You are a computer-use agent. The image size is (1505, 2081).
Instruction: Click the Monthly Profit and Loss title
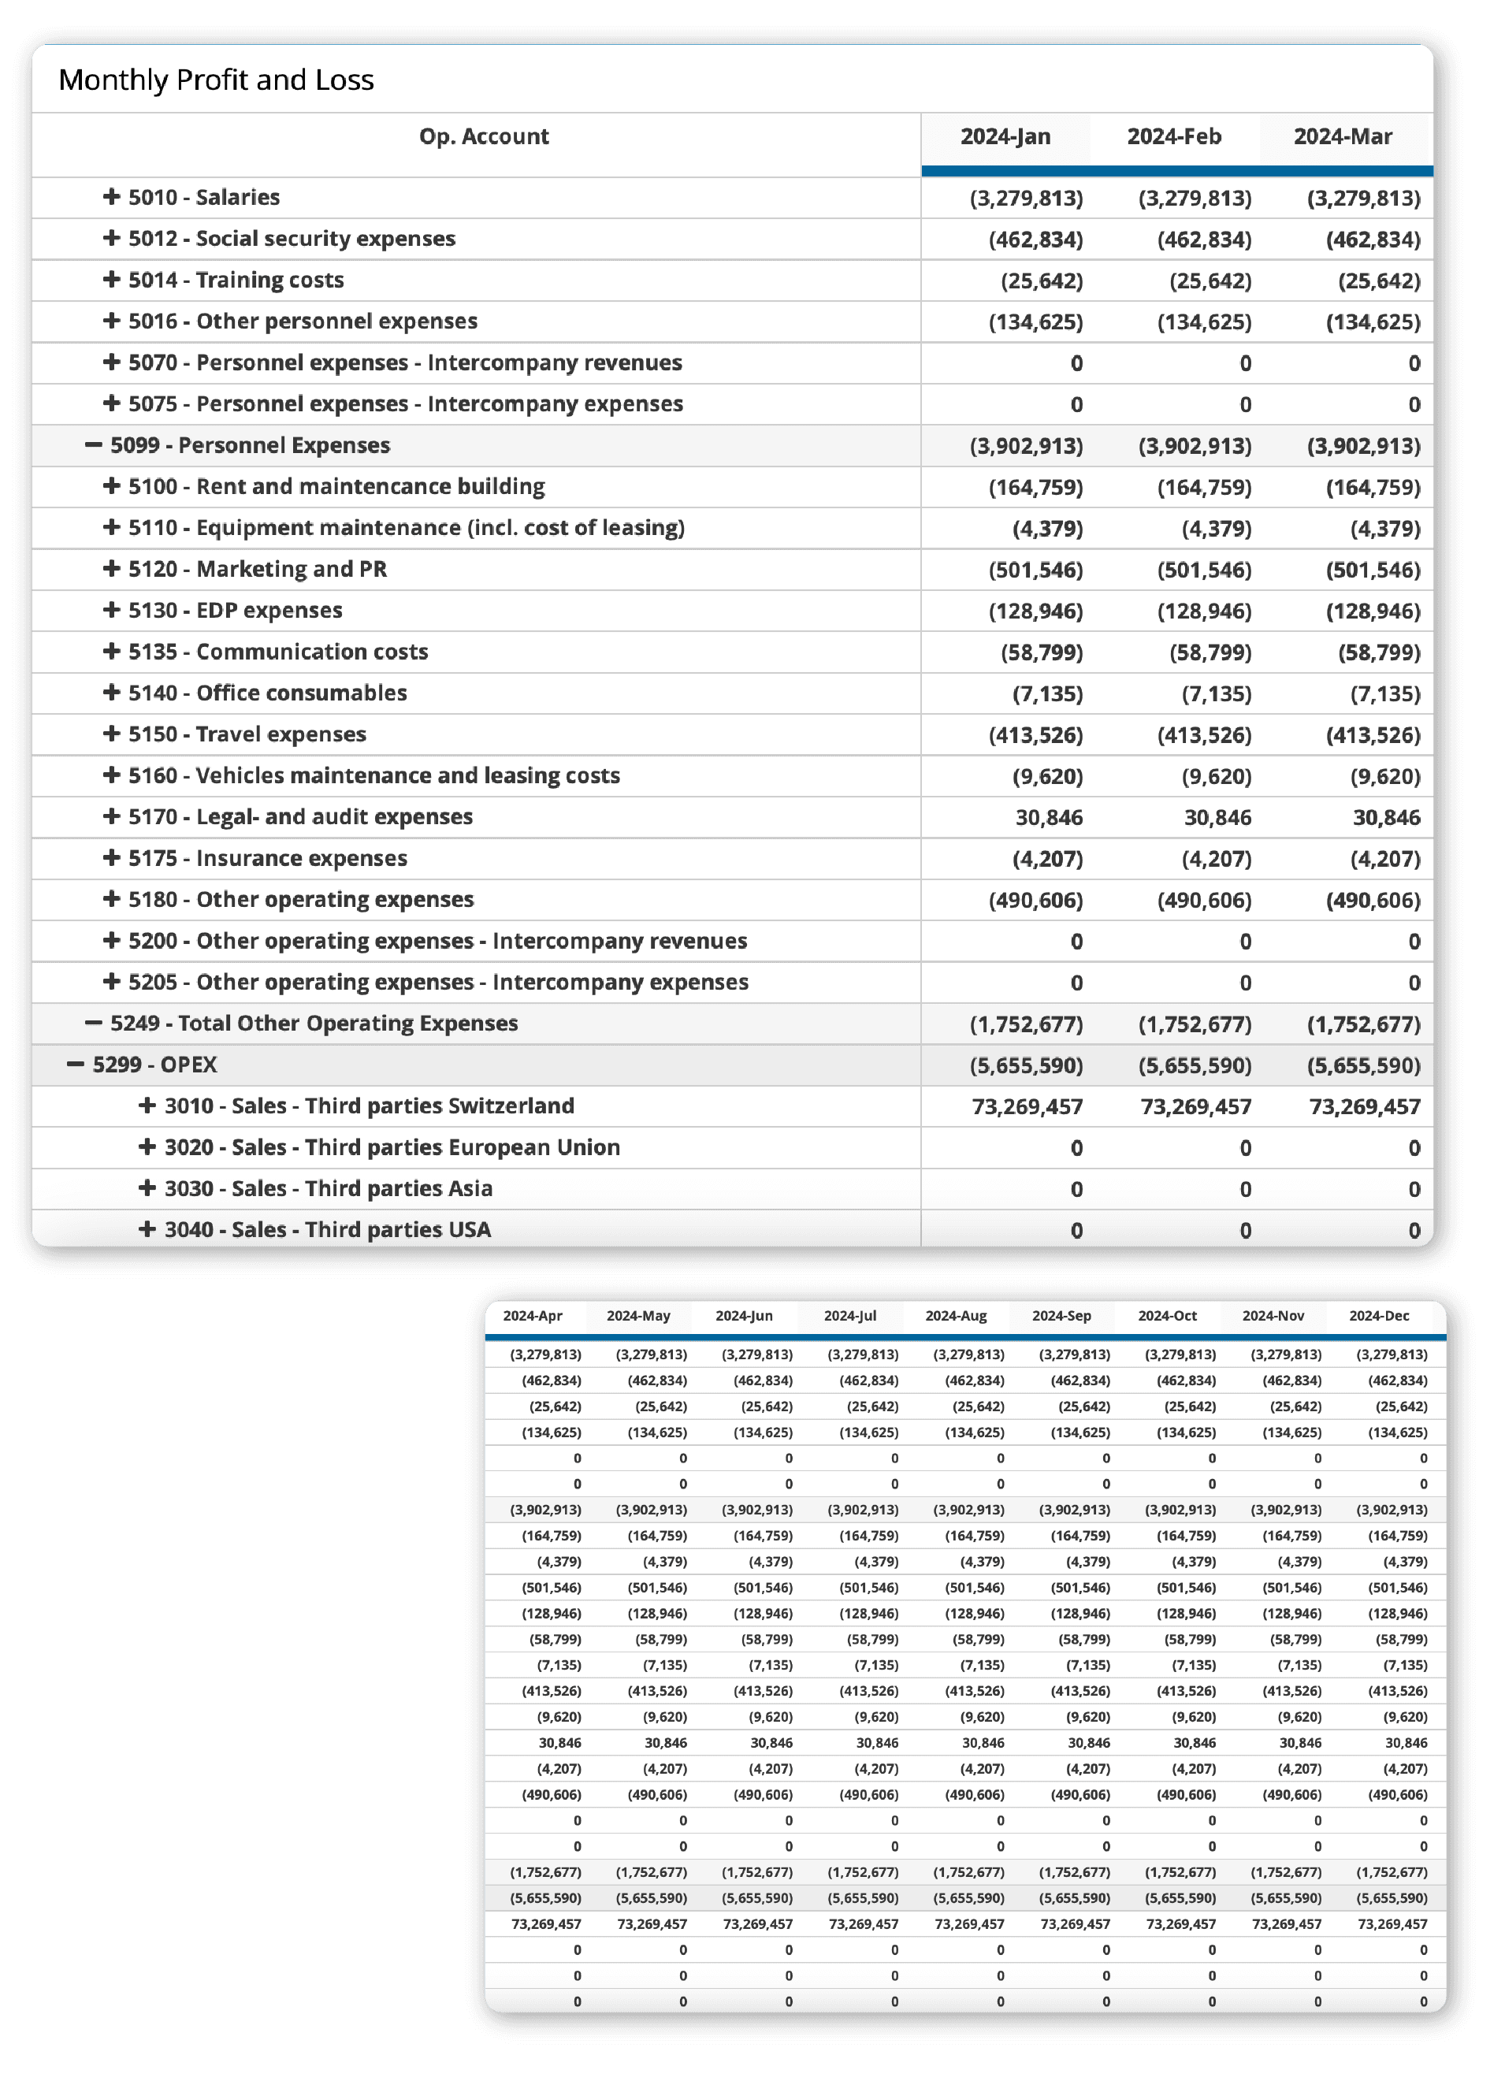(217, 80)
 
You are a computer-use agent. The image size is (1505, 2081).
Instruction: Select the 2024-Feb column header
(1174, 137)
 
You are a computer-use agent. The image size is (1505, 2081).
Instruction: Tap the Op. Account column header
(484, 137)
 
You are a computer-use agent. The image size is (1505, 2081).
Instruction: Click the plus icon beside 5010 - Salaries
(112, 196)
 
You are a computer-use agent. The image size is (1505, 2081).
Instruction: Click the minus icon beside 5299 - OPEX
(76, 1065)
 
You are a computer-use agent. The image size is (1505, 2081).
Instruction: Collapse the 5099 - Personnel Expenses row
(94, 445)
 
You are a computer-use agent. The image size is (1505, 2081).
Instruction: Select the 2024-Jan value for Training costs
(1042, 281)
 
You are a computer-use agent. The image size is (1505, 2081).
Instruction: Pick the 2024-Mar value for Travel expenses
(1373, 735)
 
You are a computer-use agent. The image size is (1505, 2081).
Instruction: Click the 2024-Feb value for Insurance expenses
(1216, 859)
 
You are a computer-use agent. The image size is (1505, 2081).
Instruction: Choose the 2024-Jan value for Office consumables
(1047, 693)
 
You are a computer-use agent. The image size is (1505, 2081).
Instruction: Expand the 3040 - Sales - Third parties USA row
(147, 1228)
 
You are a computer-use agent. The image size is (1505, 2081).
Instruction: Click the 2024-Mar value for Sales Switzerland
(1365, 1106)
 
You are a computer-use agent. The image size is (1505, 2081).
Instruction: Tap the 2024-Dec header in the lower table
(1378, 1316)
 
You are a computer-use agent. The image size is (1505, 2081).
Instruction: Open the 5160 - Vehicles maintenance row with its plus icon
(112, 775)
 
